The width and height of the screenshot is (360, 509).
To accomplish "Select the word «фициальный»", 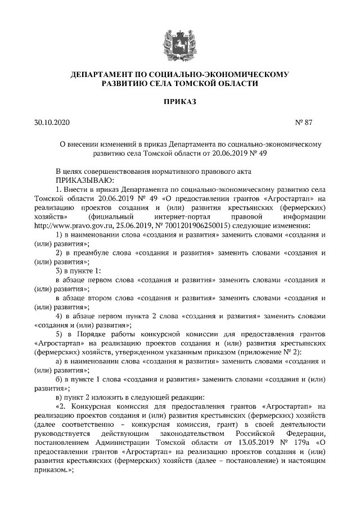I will [x=110, y=217].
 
